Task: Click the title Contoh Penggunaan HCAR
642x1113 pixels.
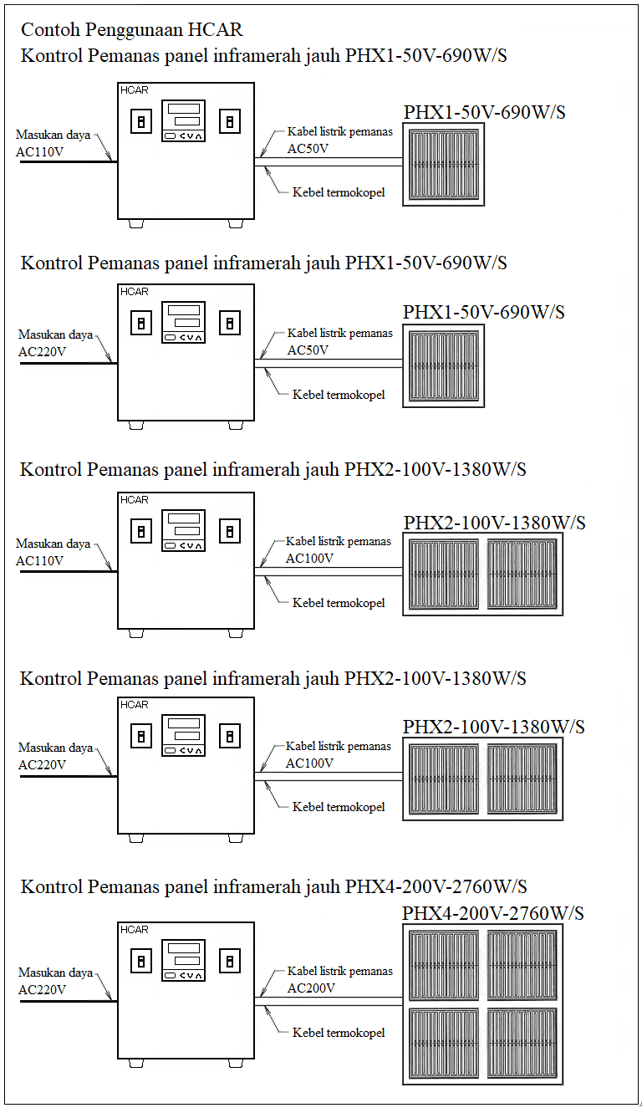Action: (131, 30)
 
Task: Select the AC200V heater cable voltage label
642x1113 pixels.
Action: (311, 988)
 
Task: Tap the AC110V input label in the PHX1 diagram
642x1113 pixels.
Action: (39, 151)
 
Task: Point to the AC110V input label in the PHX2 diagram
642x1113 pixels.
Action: (39, 560)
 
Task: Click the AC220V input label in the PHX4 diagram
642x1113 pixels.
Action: (42, 989)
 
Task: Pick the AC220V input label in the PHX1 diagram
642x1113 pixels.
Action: (42, 351)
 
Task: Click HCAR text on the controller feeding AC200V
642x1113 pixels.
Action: (135, 929)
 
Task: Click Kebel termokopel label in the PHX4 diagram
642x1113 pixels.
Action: (339, 1033)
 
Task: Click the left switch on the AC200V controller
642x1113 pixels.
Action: (141, 961)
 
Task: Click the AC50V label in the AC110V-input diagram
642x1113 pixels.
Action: (308, 149)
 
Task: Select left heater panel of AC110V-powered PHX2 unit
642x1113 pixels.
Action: (444, 574)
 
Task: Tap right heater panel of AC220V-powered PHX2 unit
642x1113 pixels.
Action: (522, 779)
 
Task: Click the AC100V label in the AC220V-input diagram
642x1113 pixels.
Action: (309, 763)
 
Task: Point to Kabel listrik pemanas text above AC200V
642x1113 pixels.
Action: (339, 971)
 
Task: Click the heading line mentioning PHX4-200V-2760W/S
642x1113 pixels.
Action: (273, 886)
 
